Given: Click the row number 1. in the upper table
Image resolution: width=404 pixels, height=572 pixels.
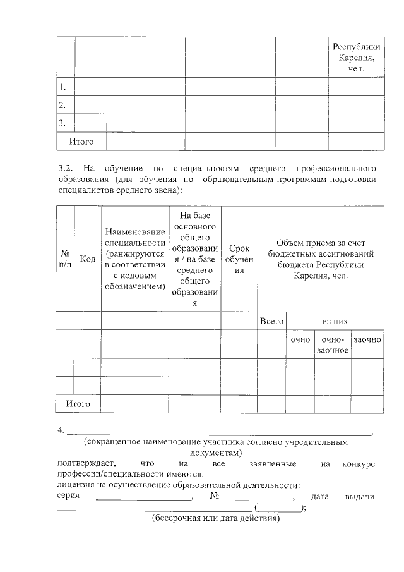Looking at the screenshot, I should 62,87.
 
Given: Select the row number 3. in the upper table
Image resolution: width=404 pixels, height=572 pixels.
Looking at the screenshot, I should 62,123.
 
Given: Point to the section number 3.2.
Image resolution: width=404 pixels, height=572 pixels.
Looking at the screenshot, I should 66,168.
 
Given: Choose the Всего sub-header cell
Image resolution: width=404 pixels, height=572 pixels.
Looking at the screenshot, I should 271,321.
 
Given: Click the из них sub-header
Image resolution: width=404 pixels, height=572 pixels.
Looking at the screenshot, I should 335,321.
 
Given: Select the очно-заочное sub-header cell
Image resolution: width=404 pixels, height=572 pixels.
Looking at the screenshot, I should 333,344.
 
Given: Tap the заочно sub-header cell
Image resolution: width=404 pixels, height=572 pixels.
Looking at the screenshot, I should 367,339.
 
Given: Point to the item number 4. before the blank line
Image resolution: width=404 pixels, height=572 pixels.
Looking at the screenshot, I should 61,431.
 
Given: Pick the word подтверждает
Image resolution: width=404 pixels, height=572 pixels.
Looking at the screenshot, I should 84,464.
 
